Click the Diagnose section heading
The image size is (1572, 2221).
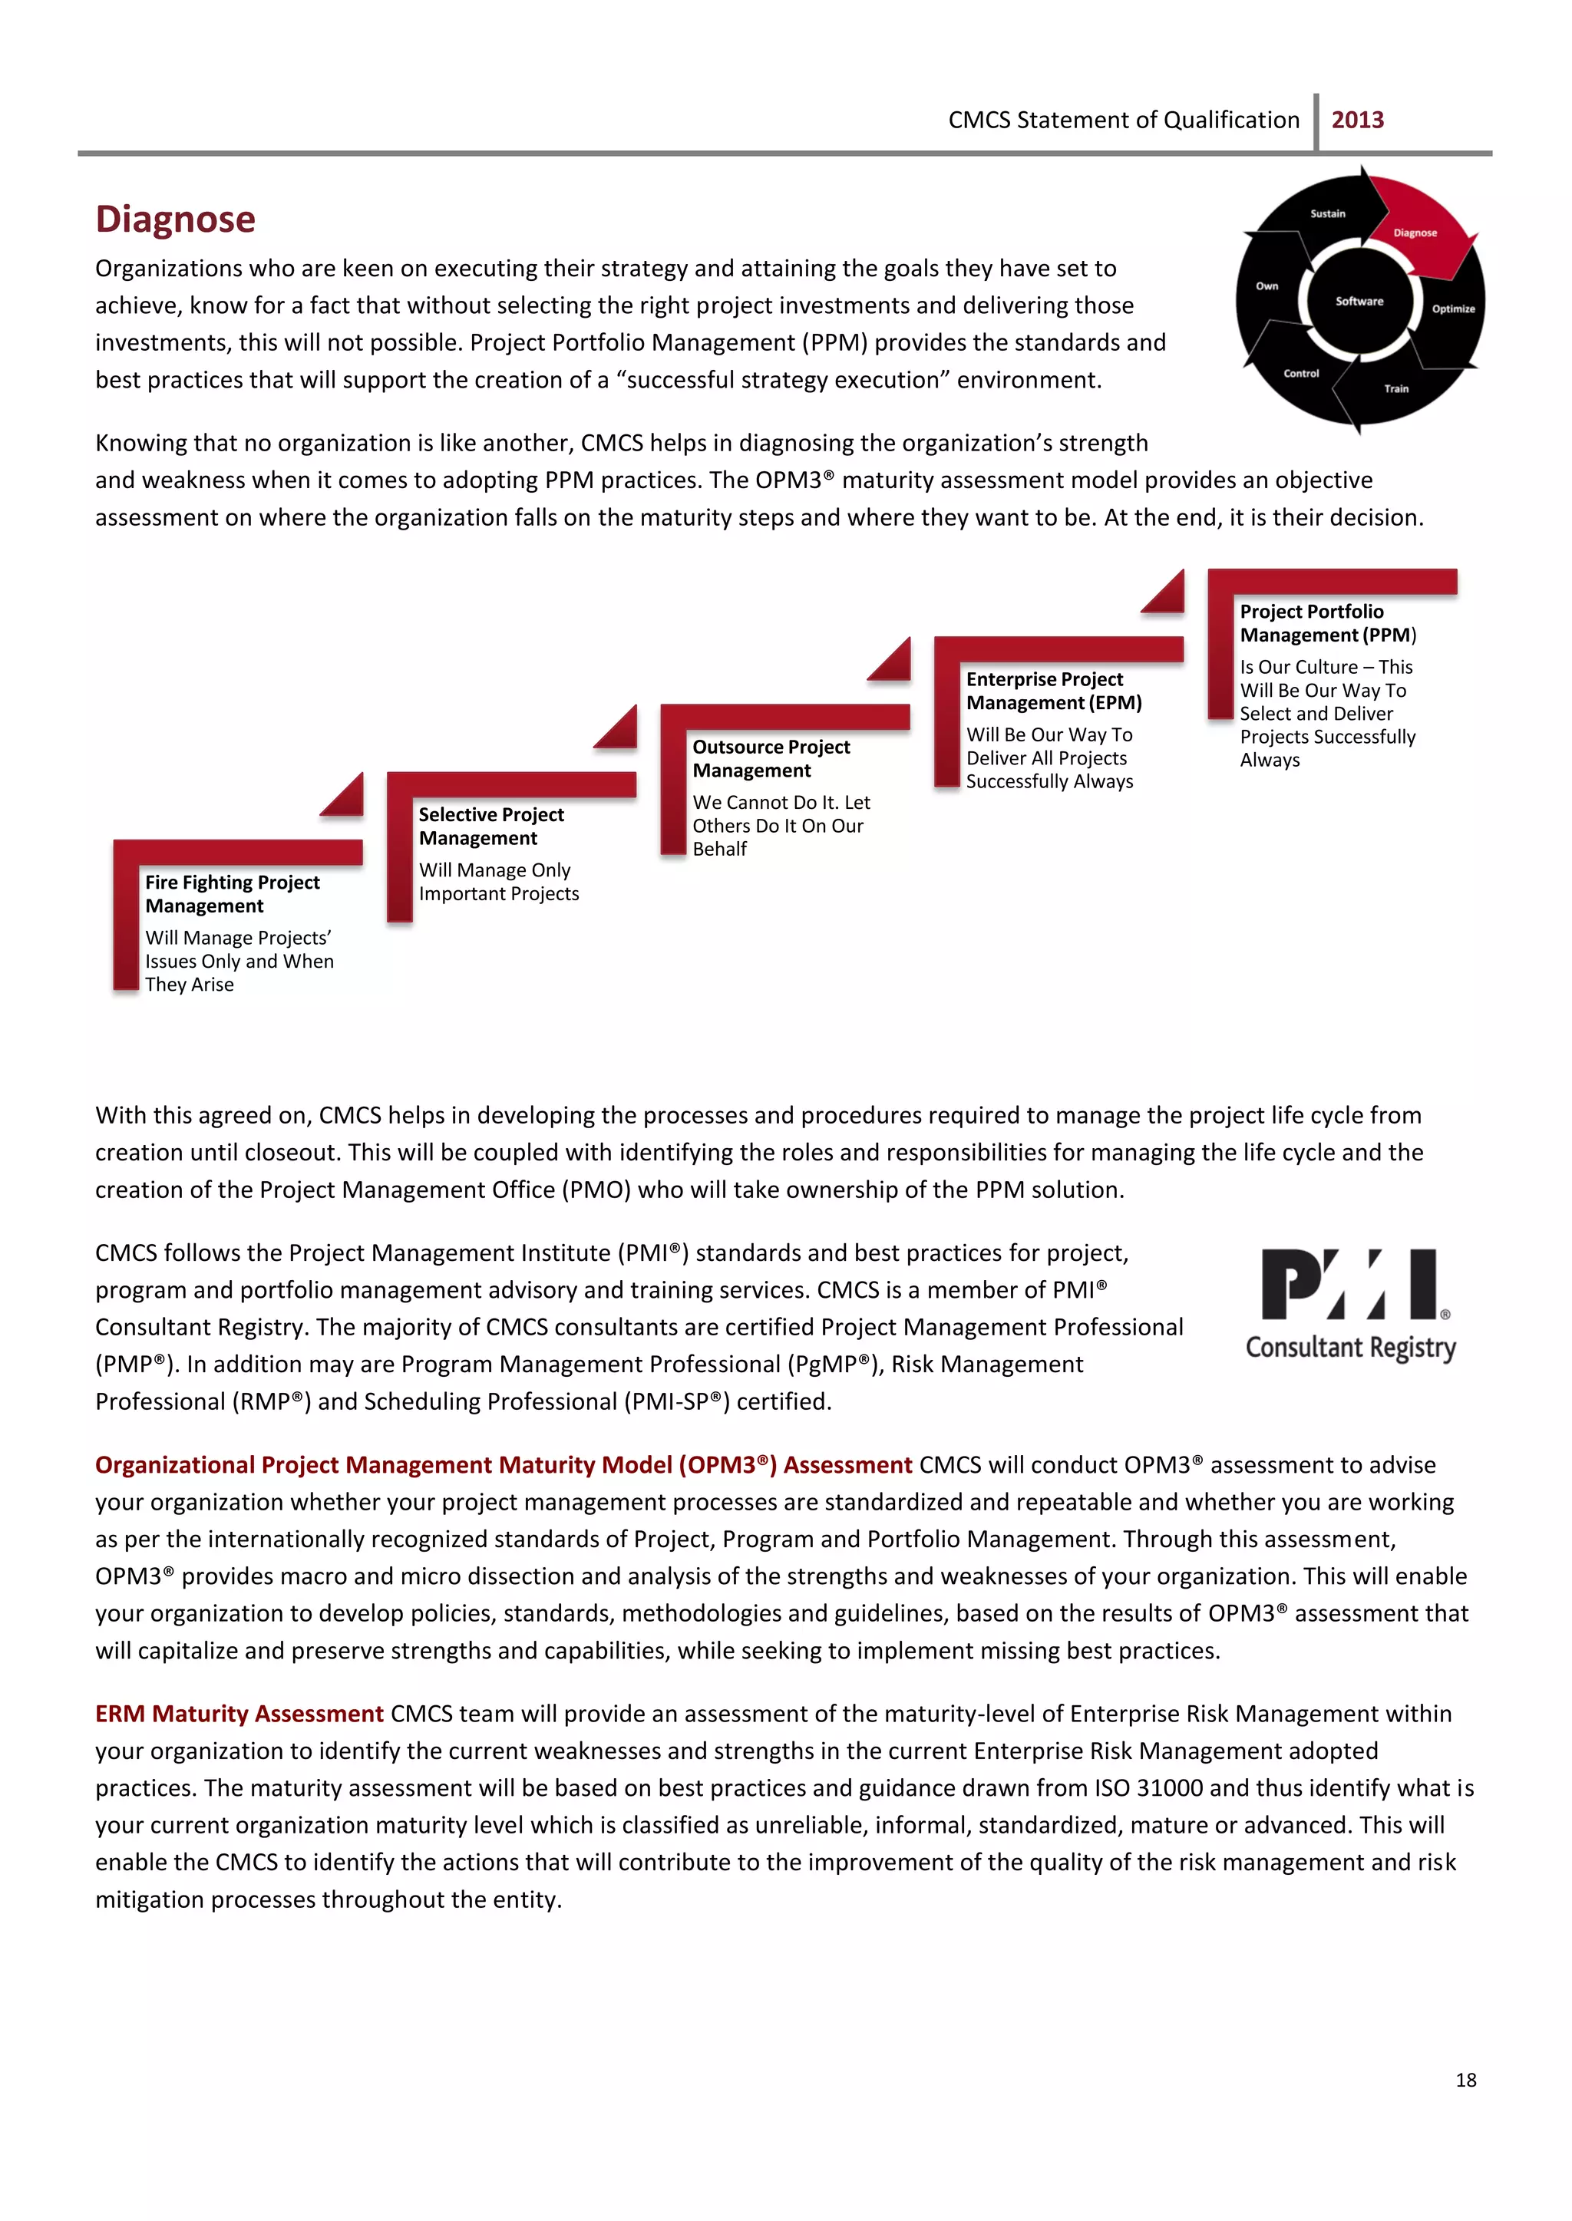click(x=175, y=219)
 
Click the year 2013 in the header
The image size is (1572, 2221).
click(x=1357, y=120)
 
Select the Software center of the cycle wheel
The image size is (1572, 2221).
click(x=1359, y=301)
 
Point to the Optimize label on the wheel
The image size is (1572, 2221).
click(x=1453, y=309)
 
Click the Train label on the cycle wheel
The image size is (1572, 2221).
click(x=1395, y=388)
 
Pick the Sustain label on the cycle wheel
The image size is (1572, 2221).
click(x=1327, y=214)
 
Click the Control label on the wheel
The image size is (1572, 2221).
click(x=1301, y=374)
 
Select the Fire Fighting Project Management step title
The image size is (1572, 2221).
click(x=233, y=894)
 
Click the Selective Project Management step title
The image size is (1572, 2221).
click(x=490, y=827)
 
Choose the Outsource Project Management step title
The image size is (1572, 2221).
click(x=771, y=759)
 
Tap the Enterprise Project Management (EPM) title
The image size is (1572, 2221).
click(x=1053, y=691)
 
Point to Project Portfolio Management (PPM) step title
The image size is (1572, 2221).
click(x=1326, y=623)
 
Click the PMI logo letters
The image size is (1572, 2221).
click(x=1349, y=1284)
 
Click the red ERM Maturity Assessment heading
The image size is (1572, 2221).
click(x=239, y=1714)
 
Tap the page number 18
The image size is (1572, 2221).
click(x=1465, y=2080)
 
